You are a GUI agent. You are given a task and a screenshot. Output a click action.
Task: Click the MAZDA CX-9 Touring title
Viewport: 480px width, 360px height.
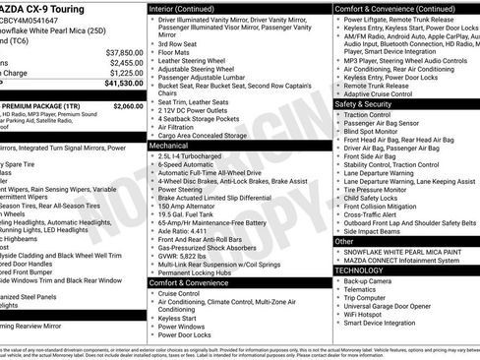(44, 8)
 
